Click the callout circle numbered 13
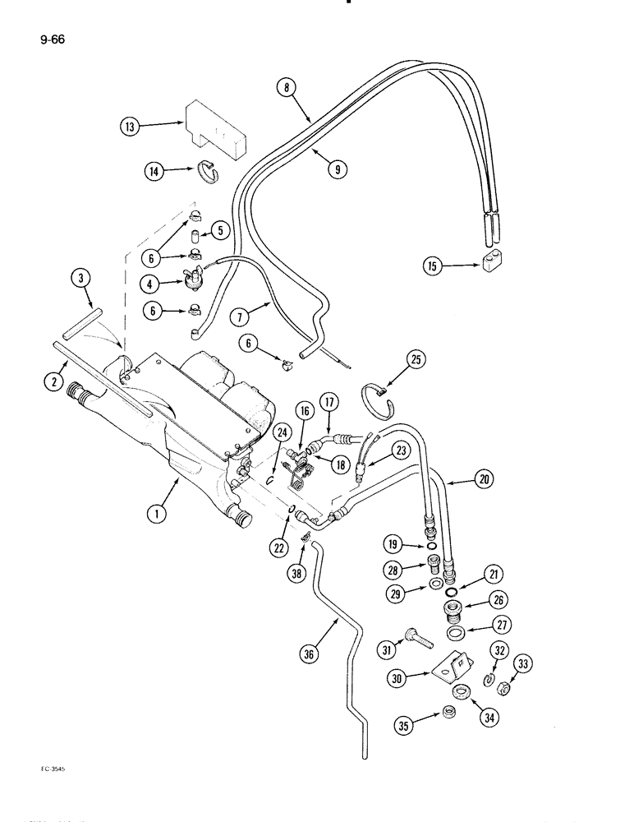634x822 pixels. pyautogui.click(x=129, y=127)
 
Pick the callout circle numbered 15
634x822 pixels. pyautogui.click(x=432, y=266)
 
